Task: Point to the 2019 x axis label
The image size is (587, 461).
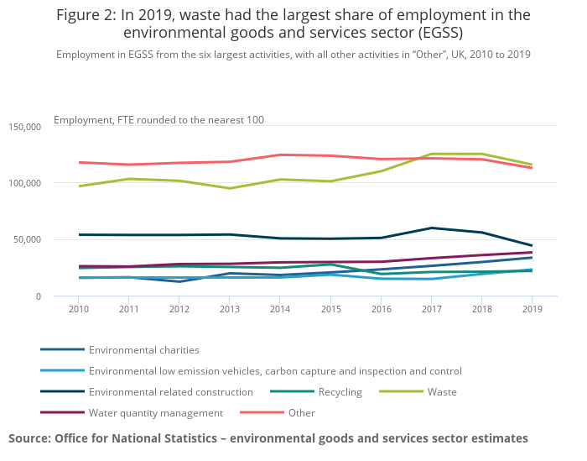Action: tap(532, 308)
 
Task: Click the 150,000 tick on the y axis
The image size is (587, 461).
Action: tap(24, 127)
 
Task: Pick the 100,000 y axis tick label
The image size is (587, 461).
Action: tap(24, 183)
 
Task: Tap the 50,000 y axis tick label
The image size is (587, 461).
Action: tap(27, 240)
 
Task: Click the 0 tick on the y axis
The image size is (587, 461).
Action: tap(37, 296)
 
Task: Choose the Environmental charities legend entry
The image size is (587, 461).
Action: tap(143, 349)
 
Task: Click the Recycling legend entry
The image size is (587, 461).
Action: tap(340, 391)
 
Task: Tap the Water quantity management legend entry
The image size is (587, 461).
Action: tap(155, 412)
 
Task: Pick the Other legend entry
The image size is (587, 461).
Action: tap(301, 412)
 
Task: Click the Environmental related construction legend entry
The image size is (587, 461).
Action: tap(170, 391)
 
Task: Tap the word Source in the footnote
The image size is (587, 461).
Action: tap(30, 438)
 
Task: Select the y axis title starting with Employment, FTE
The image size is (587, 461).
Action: tap(158, 120)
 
